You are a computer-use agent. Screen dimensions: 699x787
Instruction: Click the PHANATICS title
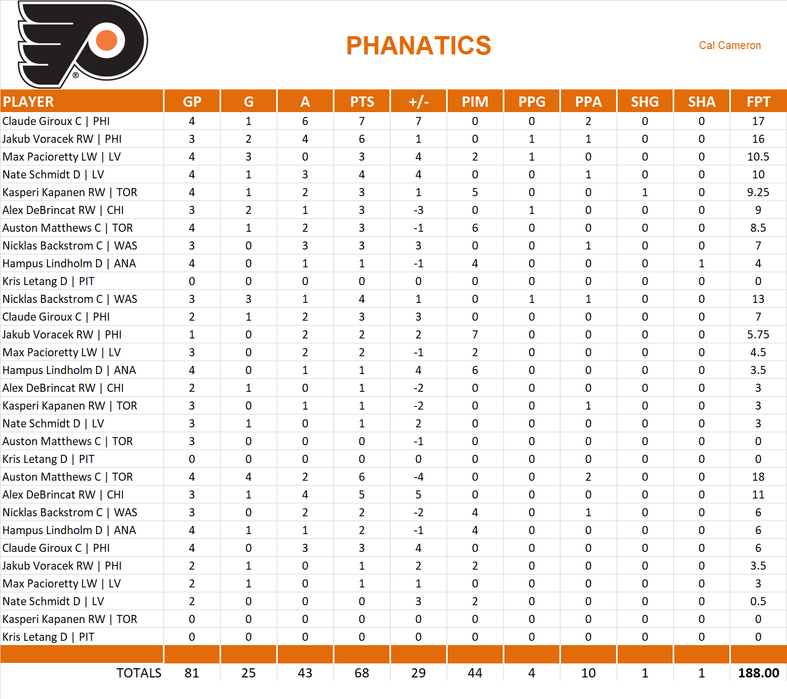click(419, 46)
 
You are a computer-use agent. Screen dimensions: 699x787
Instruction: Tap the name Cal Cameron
click(730, 46)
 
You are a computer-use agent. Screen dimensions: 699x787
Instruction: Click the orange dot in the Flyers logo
click(107, 40)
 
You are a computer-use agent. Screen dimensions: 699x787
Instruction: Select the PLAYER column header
click(29, 102)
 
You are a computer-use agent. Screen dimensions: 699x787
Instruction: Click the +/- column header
click(419, 102)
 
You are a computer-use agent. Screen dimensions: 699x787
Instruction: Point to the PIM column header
click(475, 102)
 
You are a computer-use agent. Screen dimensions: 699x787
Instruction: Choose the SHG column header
click(645, 102)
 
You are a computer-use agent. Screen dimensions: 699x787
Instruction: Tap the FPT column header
click(758, 102)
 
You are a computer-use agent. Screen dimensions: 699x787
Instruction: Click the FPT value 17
click(758, 121)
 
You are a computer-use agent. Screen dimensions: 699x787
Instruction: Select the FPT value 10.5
click(758, 157)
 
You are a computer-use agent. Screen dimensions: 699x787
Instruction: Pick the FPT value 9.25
click(758, 192)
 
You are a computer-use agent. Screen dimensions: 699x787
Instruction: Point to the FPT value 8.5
click(758, 228)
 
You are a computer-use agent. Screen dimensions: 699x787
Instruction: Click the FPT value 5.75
click(758, 335)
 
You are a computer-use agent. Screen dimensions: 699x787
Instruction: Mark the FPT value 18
click(758, 477)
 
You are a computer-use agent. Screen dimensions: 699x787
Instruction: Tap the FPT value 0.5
click(758, 601)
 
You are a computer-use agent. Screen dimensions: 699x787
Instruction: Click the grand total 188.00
click(758, 673)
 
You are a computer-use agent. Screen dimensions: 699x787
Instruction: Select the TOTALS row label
click(139, 673)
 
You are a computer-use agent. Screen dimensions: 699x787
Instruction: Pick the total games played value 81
click(192, 673)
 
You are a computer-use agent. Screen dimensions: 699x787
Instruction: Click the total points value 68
click(362, 673)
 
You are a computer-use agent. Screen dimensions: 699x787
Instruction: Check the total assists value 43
click(305, 673)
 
